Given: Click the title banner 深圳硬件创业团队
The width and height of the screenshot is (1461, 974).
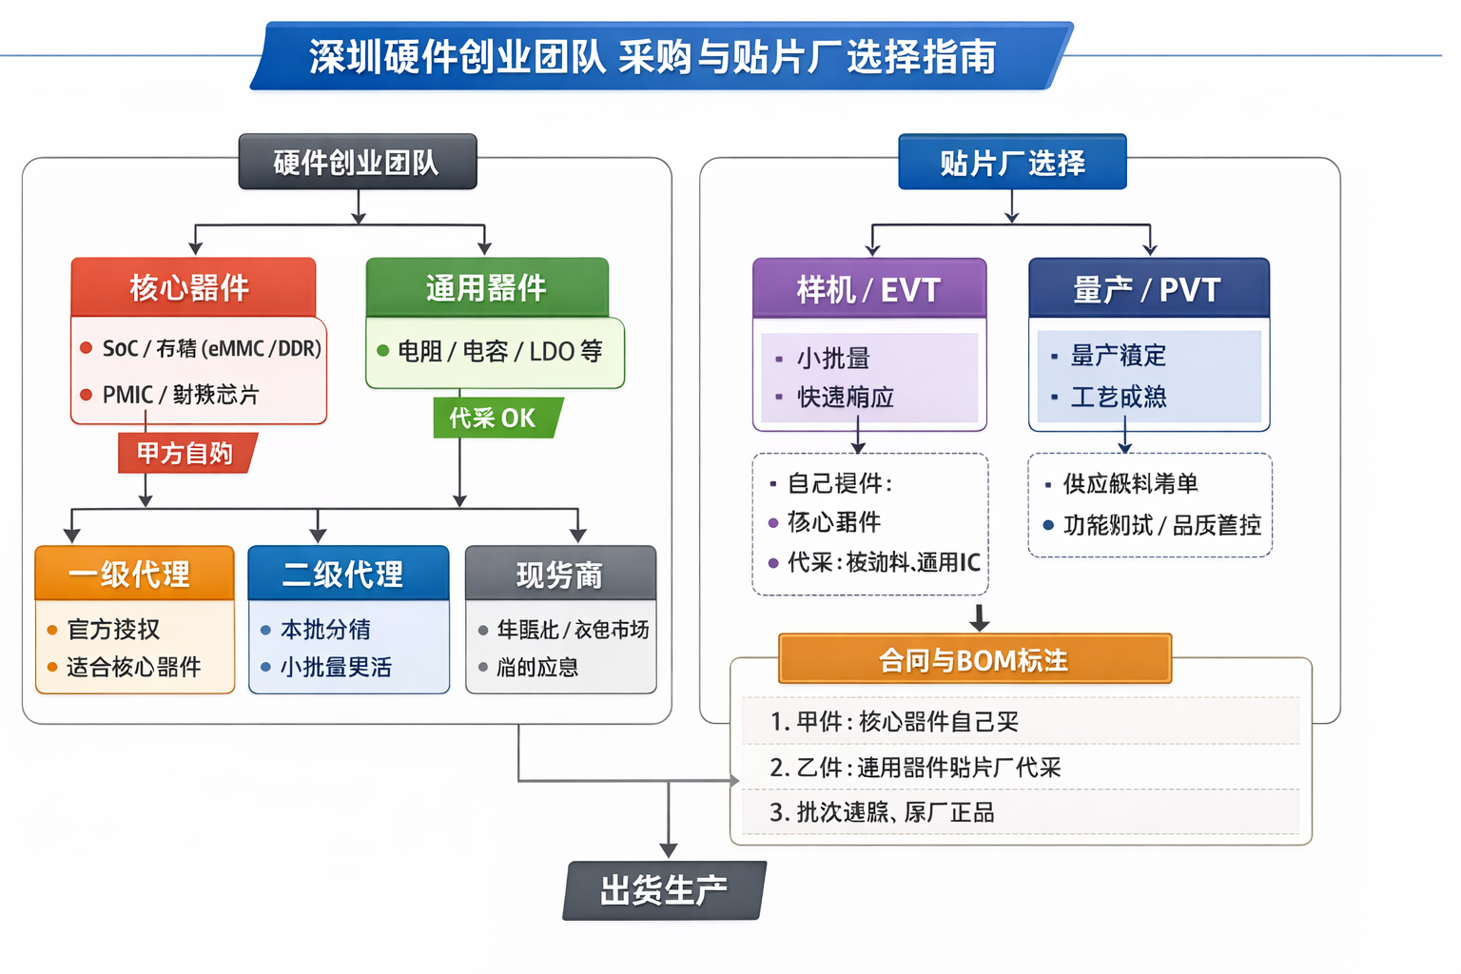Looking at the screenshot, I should coord(653,56).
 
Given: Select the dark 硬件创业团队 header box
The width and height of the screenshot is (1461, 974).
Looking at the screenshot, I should coord(357,163).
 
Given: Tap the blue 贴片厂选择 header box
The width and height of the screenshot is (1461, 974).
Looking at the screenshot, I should coord(1012,163).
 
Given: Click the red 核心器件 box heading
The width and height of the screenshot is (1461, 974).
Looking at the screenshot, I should coord(193,287).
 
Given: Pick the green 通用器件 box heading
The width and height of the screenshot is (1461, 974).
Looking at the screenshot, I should coord(487,287).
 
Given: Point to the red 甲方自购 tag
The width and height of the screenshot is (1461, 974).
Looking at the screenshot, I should coord(185,453).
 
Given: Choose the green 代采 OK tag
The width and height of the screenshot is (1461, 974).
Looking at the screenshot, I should coord(495,418).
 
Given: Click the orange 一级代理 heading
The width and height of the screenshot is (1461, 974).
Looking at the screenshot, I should coord(133,574).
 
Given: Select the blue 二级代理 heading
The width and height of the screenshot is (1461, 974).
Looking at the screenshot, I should coord(347,574).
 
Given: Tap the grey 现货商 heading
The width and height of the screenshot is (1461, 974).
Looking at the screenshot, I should coord(560,574).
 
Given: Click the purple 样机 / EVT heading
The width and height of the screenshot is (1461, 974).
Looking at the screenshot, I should coord(869,289).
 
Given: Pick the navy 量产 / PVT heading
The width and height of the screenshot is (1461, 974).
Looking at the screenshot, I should coord(1148,289).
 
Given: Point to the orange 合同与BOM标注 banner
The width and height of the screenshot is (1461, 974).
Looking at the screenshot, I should coord(974,659).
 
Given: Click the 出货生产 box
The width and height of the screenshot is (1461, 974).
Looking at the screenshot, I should coord(665,890).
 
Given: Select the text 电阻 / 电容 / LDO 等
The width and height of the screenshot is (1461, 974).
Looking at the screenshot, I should coord(500,352).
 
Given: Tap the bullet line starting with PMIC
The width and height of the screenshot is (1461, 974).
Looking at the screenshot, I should coord(181,395).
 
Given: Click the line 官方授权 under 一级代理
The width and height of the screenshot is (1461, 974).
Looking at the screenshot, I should coord(114,629).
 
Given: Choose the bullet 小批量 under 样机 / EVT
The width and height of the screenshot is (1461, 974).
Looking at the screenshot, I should coord(834,359).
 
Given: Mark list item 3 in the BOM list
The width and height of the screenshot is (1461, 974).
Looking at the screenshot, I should coord(883,812).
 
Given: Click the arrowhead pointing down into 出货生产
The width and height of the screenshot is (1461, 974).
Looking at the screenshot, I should coord(669,848).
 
